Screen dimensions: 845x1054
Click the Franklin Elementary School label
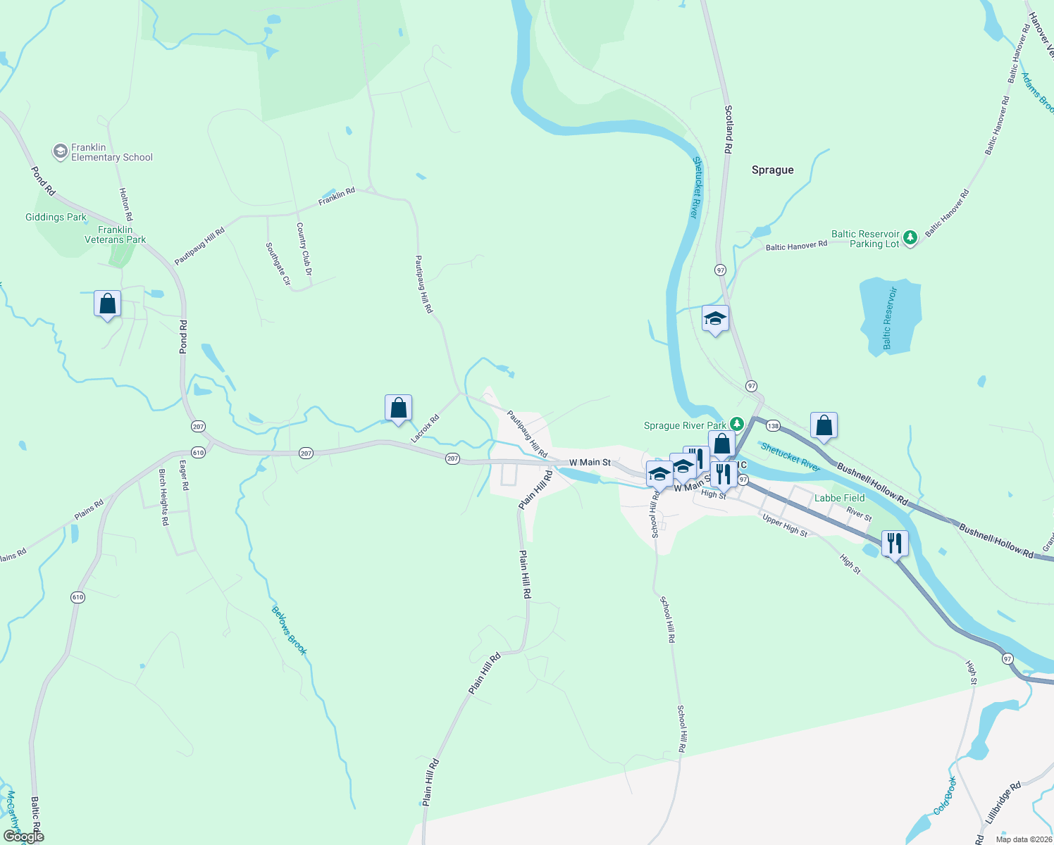pos(111,152)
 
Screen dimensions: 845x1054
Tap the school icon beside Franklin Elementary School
pos(61,151)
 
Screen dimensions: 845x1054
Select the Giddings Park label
pos(56,217)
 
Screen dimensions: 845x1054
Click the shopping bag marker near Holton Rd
pos(107,304)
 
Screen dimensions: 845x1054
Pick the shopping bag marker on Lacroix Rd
pos(398,408)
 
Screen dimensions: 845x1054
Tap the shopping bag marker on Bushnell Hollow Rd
pos(824,425)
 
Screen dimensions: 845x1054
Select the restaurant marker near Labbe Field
pos(894,543)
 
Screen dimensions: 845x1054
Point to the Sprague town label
pos(772,170)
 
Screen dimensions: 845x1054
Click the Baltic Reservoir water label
pos(890,318)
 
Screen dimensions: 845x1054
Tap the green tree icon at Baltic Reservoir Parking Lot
pos(910,238)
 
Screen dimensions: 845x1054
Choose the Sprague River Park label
pos(685,425)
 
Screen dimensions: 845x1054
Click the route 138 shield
pos(773,425)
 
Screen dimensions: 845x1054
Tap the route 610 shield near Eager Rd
pos(199,452)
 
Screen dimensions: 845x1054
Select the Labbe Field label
pos(839,498)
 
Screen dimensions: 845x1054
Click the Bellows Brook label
pos(289,630)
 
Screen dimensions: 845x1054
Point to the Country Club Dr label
pos(304,249)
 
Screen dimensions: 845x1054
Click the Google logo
pos(24,837)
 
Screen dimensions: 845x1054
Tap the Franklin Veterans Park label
pos(115,234)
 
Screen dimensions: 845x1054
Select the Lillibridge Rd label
pos(1003,803)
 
